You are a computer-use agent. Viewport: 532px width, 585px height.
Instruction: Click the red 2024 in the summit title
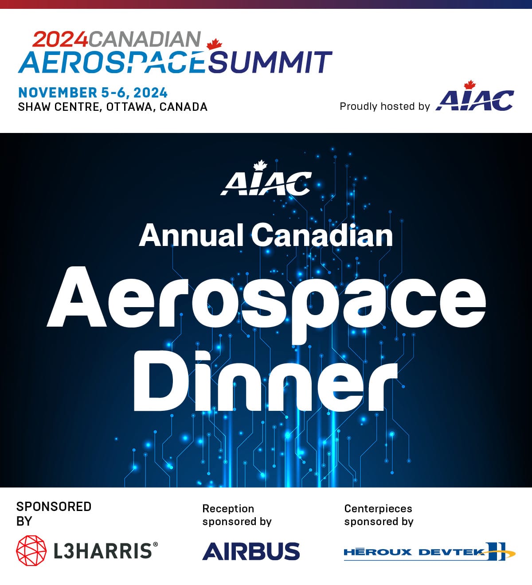click(60, 39)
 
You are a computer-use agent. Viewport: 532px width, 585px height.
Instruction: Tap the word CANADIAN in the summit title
click(145, 39)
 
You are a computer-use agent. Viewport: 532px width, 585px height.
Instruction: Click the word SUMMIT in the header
click(270, 62)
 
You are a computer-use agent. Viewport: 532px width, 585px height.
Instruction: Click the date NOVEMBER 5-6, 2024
click(93, 93)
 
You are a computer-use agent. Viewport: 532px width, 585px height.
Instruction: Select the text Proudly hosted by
click(384, 106)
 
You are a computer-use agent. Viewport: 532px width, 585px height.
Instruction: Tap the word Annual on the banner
click(191, 235)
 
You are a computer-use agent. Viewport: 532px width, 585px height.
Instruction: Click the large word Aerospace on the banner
click(266, 298)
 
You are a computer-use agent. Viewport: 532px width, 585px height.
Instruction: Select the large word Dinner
click(265, 382)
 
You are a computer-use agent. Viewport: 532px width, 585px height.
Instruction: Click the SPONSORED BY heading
click(54, 513)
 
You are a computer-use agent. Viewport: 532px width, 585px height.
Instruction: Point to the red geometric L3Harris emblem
click(31, 550)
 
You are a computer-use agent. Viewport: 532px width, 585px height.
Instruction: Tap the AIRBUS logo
click(251, 551)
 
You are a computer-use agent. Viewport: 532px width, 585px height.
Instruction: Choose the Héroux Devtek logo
click(429, 552)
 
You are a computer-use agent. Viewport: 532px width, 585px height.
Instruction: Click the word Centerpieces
click(378, 508)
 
